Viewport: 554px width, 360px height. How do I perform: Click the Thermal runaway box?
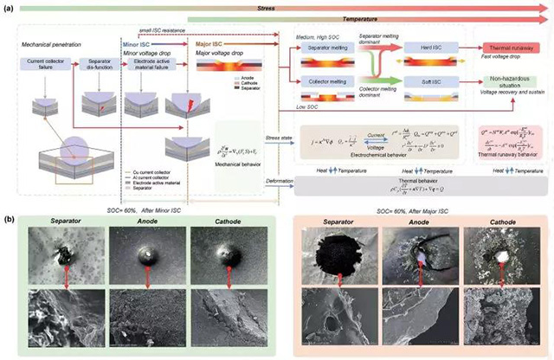pyautogui.click(x=511, y=50)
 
